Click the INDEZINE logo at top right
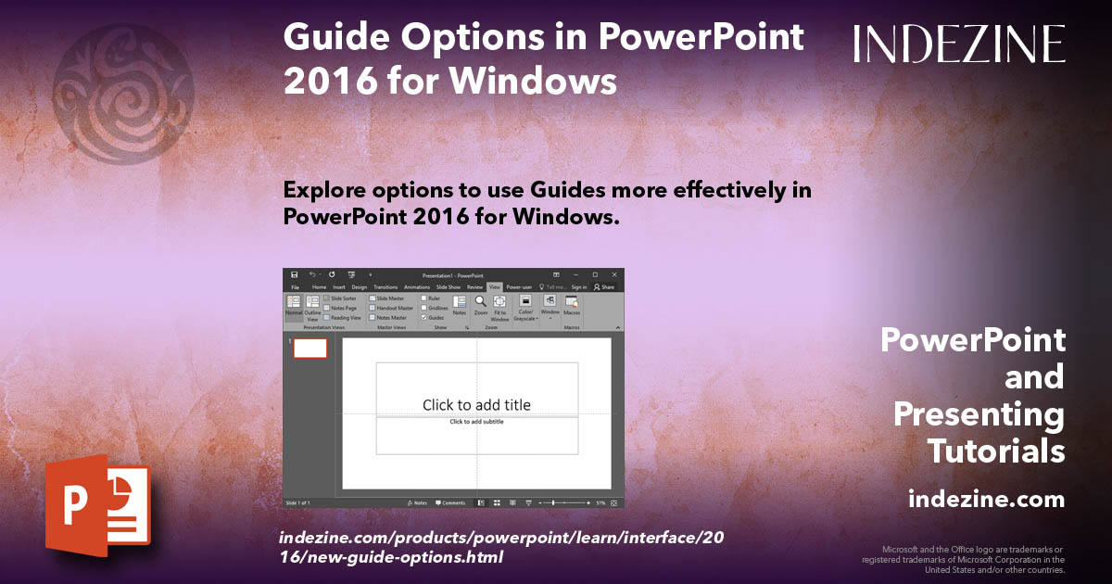tap(959, 44)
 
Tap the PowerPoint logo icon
tap(97, 504)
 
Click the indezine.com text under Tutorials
tap(986, 500)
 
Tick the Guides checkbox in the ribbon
tap(424, 317)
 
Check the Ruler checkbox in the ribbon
tap(424, 298)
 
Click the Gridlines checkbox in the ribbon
tap(424, 308)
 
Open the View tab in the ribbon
tap(494, 287)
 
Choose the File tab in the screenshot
tap(295, 287)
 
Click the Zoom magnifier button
tap(480, 305)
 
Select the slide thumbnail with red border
tap(310, 348)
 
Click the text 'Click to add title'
tap(476, 404)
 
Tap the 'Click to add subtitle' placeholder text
tap(476, 422)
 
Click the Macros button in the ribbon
tap(572, 305)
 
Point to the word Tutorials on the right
tap(996, 451)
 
